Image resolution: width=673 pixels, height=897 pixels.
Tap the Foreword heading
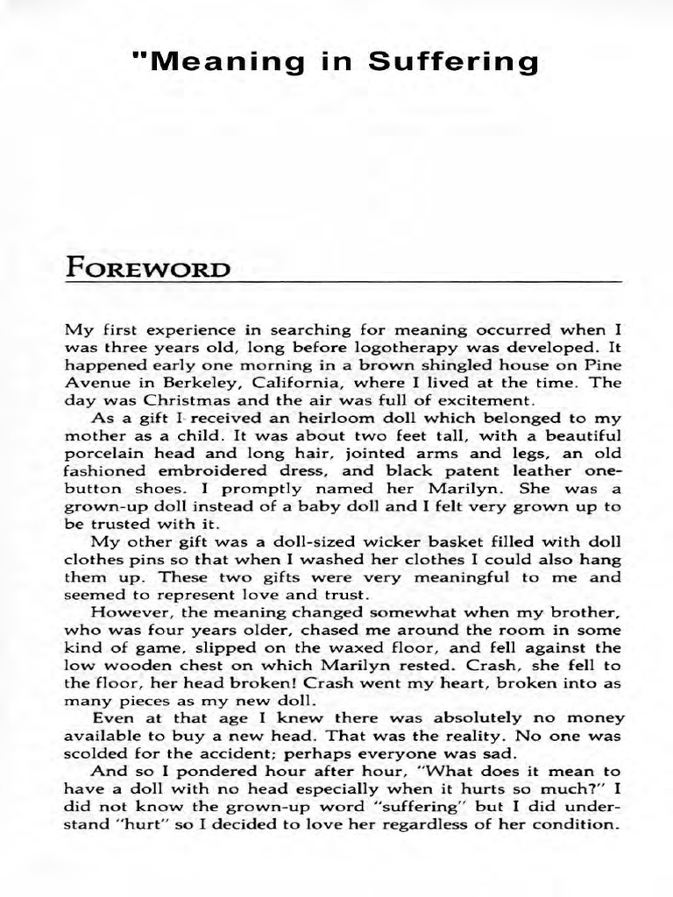pyautogui.click(x=148, y=267)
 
